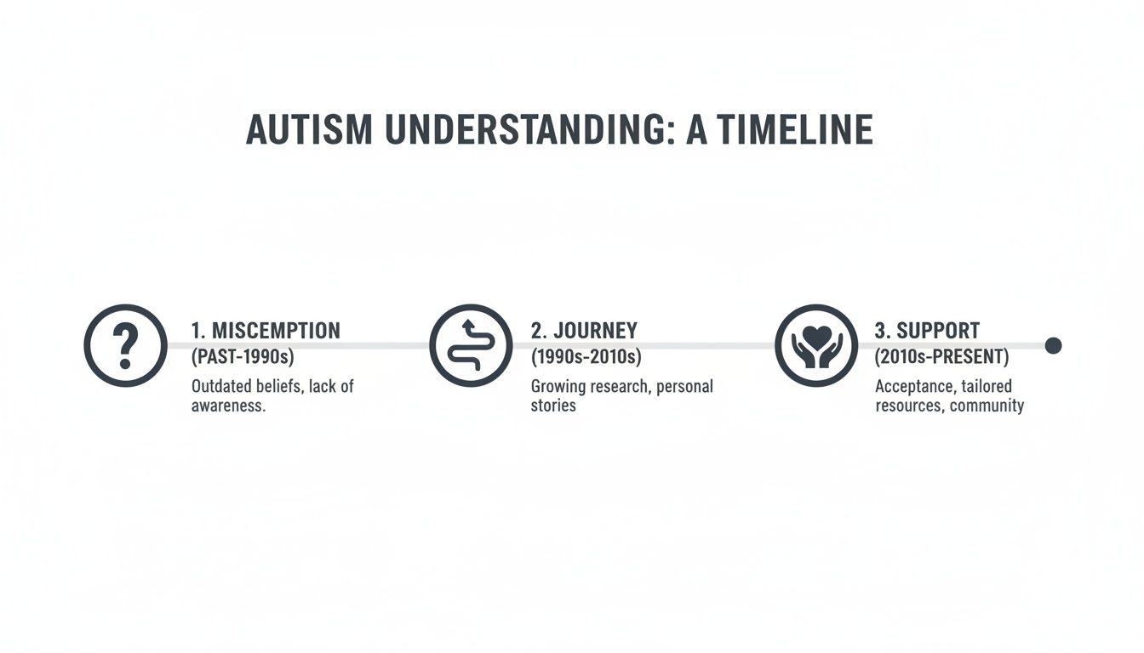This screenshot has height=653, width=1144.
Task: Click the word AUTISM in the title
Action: point(309,129)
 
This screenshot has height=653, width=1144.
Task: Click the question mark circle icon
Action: point(126,345)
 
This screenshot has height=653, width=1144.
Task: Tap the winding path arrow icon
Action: point(471,345)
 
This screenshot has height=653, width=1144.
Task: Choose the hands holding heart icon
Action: point(816,345)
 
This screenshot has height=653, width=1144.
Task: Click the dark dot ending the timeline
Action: point(1053,345)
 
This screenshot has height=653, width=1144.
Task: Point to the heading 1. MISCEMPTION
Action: point(266,331)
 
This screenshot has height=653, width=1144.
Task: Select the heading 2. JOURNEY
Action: point(584,331)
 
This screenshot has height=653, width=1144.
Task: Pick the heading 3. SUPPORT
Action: point(927,331)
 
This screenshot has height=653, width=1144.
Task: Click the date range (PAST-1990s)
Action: point(243,355)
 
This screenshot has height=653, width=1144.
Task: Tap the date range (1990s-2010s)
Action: point(586,355)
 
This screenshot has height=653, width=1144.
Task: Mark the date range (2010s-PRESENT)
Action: point(941,355)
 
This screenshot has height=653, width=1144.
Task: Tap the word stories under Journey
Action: point(553,406)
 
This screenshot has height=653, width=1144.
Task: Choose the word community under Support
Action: point(987,406)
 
